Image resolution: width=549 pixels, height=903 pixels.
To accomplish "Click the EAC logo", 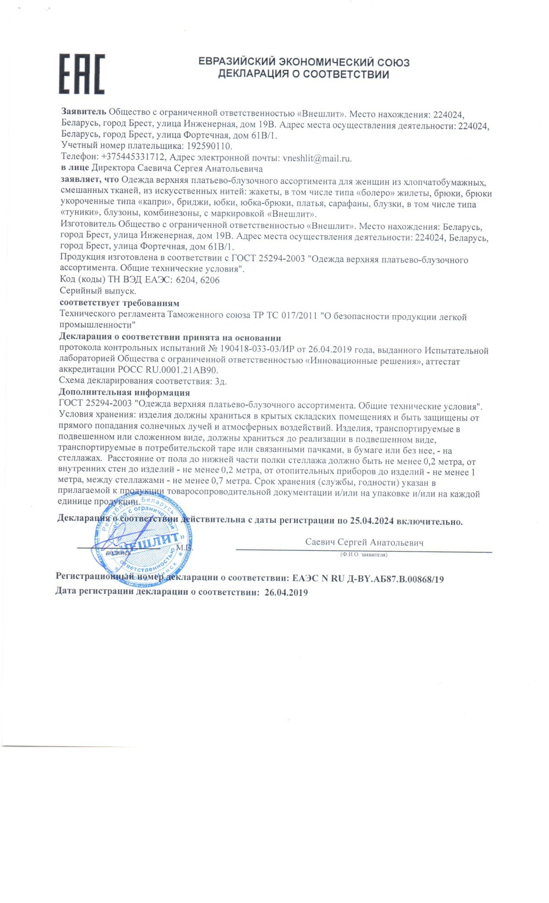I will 82,74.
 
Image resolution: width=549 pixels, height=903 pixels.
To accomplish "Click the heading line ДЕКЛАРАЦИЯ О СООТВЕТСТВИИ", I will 303,74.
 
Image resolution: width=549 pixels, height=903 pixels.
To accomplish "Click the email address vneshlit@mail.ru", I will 317,158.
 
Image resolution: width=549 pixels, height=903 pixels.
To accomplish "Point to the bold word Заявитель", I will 84,112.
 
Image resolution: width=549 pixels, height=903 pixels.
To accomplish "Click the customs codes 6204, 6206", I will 197,280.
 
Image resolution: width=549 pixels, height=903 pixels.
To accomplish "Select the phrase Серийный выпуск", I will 98,291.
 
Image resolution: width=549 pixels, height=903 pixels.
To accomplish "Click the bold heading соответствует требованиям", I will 119,303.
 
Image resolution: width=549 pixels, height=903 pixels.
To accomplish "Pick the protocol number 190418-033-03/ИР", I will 258,350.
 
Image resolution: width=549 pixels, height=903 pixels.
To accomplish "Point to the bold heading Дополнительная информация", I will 124,392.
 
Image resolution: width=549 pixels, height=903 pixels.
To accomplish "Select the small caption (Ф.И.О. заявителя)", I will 364,554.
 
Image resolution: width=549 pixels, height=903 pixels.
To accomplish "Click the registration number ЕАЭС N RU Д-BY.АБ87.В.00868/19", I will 368,579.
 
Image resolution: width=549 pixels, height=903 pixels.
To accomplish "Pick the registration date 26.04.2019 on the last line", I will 286,592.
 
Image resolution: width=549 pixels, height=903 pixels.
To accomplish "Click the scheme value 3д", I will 221,381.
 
